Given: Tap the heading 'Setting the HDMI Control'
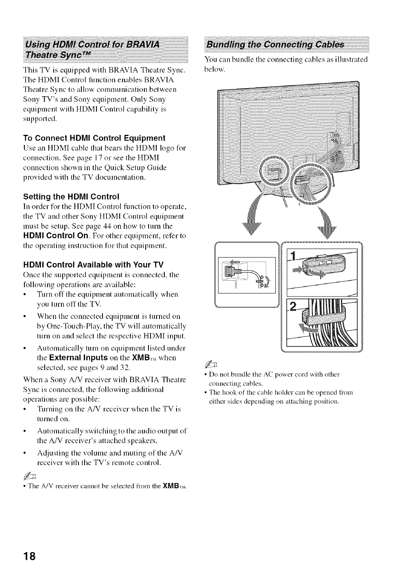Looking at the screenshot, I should (x=71, y=197).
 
